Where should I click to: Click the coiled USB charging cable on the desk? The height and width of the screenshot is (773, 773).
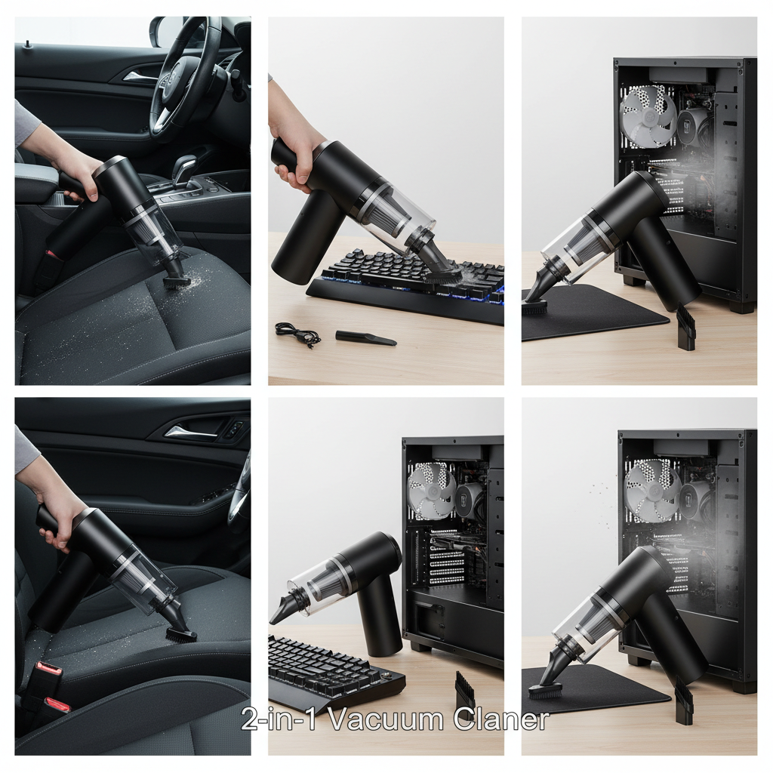coord(297,335)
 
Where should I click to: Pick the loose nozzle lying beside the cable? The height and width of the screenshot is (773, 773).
coord(365,337)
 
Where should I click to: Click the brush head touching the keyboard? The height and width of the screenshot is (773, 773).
coord(442,275)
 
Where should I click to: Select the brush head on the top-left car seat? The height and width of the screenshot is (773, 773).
coord(177,282)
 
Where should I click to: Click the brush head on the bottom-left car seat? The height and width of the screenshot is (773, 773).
coord(180,635)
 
